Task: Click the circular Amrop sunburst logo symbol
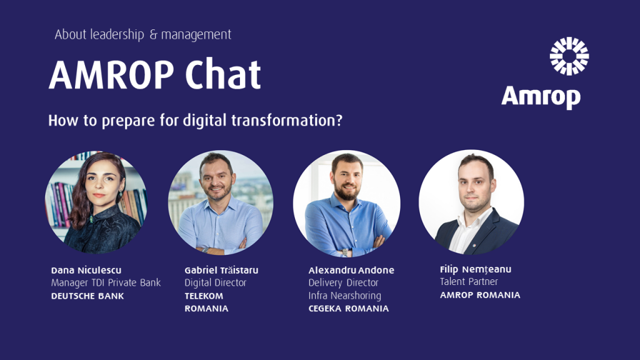(569, 56)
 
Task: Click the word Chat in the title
(223, 75)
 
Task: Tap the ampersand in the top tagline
(153, 35)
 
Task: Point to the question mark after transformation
(338, 121)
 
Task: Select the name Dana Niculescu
(86, 270)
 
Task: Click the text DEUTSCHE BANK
(87, 296)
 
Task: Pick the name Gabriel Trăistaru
(221, 270)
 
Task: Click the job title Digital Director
(216, 282)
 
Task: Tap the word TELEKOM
(204, 296)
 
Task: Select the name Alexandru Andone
(351, 270)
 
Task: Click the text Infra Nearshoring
(345, 296)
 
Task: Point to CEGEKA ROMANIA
(349, 309)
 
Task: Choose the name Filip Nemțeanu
(476, 269)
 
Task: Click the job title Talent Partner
(469, 282)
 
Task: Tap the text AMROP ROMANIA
(480, 295)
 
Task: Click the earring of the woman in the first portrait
(120, 192)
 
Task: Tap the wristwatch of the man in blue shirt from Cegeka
(345, 252)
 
